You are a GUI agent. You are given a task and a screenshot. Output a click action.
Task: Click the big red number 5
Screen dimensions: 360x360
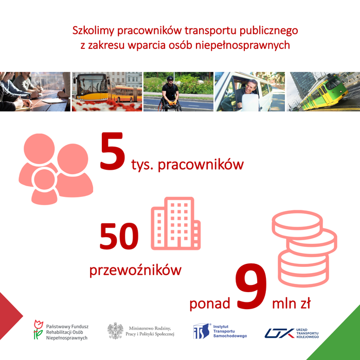(x=113, y=151)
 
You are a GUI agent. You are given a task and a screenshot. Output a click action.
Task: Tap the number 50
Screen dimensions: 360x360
(x=119, y=236)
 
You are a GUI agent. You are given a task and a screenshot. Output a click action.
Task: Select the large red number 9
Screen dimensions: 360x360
(x=251, y=286)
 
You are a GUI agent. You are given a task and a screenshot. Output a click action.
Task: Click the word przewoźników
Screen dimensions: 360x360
(x=135, y=271)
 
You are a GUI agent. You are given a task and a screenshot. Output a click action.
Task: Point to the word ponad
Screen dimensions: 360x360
(x=210, y=303)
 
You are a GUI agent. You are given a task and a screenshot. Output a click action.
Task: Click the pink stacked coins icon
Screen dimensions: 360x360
(x=304, y=248)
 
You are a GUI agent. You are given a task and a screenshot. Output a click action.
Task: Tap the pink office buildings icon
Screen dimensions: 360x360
(x=176, y=223)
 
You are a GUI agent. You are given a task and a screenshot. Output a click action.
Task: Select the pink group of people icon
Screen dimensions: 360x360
(x=56, y=169)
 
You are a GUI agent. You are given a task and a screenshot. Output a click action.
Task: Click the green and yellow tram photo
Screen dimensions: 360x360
(x=323, y=92)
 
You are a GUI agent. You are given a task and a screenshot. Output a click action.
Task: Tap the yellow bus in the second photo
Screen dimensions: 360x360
(x=92, y=87)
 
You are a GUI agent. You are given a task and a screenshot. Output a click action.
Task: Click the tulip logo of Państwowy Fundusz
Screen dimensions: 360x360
(x=39, y=330)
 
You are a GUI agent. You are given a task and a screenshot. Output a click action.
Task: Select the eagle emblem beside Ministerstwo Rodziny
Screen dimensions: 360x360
(x=116, y=331)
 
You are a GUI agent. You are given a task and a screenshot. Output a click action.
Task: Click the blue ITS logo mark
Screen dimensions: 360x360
(x=202, y=331)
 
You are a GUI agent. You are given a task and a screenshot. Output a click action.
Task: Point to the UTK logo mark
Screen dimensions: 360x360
(x=279, y=333)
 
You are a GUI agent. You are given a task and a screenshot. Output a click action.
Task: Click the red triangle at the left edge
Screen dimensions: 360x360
(x=10, y=316)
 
